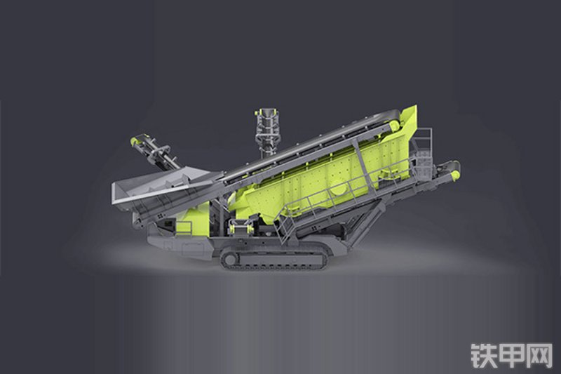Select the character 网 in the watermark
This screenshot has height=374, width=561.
(x=539, y=356)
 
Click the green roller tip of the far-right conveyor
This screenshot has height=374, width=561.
(x=455, y=174)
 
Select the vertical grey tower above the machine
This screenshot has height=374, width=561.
(x=266, y=133)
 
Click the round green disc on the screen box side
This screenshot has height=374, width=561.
(x=339, y=189)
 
